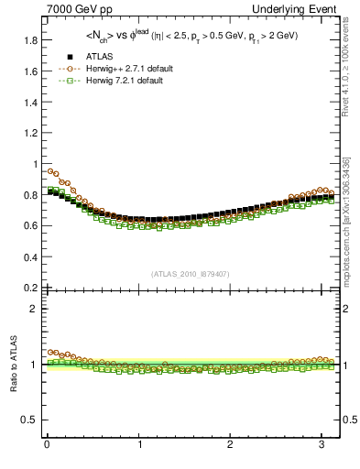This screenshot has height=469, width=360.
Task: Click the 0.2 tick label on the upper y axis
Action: tap(29, 287)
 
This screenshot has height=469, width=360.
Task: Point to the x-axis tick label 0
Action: tap(47, 445)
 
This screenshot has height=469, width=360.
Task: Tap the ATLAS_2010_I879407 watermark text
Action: tap(191, 272)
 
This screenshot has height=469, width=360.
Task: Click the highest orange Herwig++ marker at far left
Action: tap(50, 170)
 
